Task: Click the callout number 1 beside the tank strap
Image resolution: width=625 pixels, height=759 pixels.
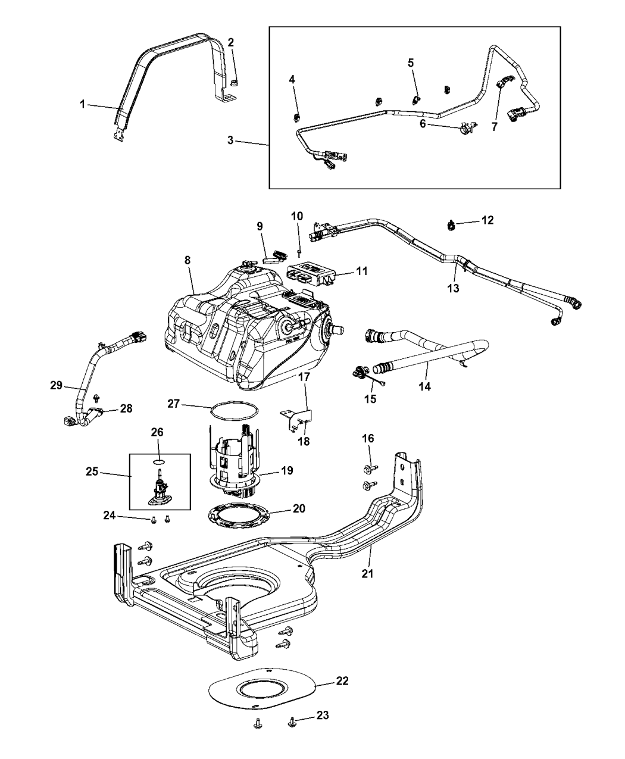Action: tap(82, 104)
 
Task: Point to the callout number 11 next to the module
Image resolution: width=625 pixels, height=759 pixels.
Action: tap(362, 271)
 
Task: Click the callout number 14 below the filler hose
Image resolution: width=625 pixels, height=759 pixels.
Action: tap(425, 386)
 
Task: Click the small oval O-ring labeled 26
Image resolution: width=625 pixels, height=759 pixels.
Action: tap(158, 461)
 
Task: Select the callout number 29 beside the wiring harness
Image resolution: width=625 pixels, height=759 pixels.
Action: tap(57, 386)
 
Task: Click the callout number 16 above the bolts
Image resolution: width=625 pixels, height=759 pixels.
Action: tap(368, 439)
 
